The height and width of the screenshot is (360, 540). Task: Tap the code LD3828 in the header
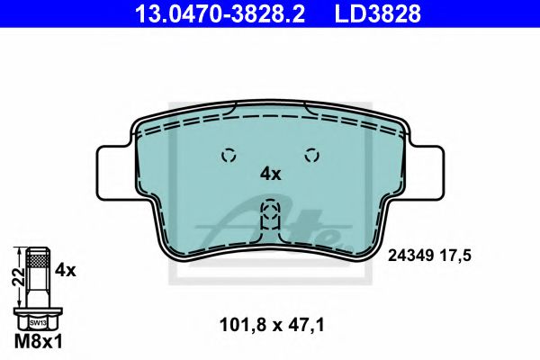pos(378,13)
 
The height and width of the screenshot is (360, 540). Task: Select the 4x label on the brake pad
pos(270,174)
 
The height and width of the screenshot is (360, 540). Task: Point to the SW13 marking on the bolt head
pos(36,321)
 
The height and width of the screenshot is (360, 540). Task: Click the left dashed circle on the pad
pos(229,154)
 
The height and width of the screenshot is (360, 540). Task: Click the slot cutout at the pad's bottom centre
pos(269,219)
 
